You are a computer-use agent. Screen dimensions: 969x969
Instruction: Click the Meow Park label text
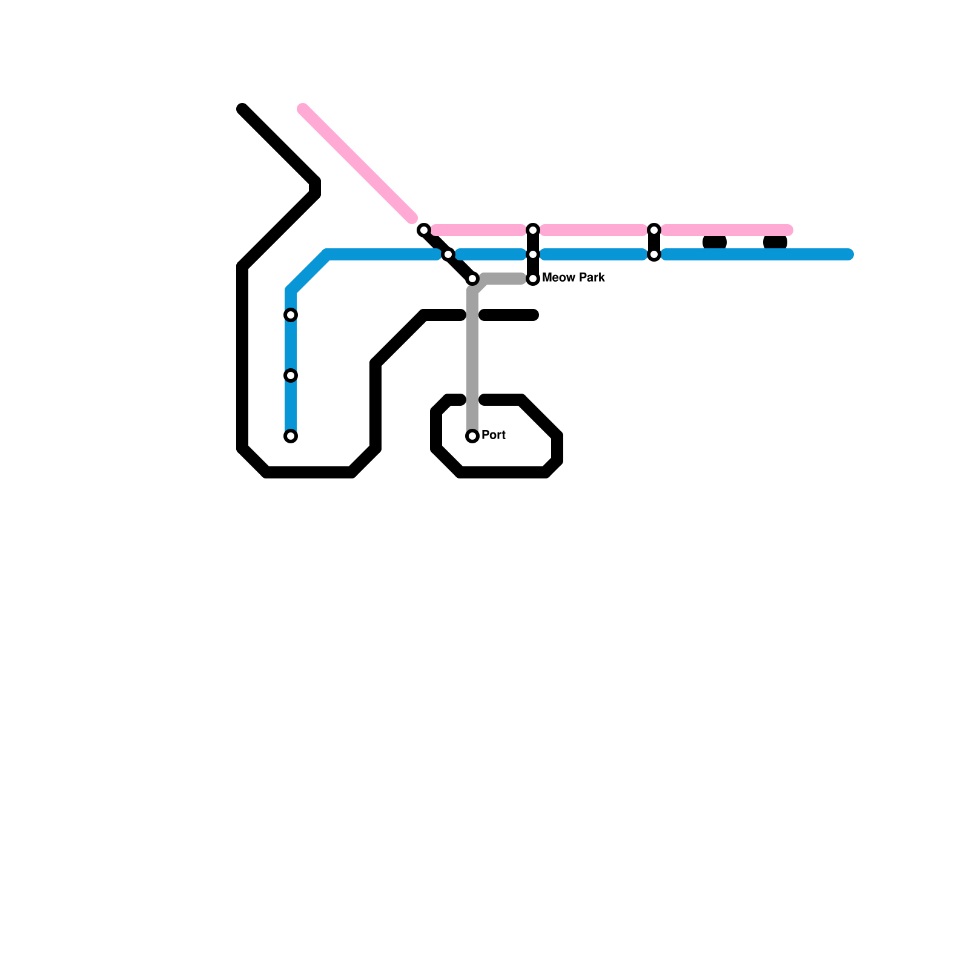[573, 278]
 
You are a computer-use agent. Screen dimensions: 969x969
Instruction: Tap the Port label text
[494, 435]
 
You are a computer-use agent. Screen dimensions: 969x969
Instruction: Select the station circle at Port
[472, 436]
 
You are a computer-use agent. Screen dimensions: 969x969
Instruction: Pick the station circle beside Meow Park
[533, 279]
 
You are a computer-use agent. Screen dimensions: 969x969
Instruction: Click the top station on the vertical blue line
[291, 315]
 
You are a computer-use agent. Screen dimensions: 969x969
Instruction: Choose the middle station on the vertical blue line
[291, 375]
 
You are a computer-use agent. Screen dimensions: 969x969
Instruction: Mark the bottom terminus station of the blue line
[291, 436]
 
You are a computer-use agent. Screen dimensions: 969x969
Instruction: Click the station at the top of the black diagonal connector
[424, 230]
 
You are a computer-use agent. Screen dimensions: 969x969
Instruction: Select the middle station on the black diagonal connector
[448, 254]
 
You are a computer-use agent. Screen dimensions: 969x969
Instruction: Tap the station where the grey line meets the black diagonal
[472, 279]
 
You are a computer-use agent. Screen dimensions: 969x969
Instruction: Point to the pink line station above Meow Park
[533, 230]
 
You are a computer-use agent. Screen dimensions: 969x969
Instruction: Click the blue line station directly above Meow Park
[533, 254]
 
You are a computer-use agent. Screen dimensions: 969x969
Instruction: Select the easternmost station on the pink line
[654, 230]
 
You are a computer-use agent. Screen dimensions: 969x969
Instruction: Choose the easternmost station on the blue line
[654, 254]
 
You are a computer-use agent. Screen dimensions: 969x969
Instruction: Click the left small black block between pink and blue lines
[715, 242]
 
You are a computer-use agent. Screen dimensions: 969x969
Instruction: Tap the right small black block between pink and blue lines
[775, 242]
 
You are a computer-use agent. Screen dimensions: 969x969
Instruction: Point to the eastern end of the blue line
[849, 254]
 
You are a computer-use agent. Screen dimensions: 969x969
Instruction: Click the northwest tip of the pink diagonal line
[303, 109]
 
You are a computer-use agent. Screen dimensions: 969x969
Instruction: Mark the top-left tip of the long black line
[242, 109]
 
